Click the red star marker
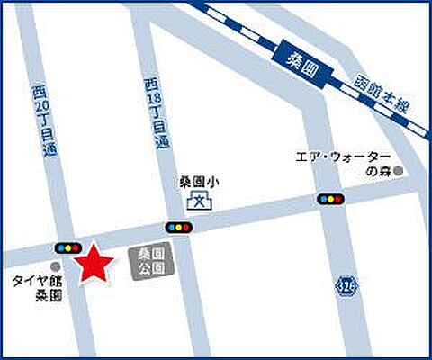(x=95, y=265)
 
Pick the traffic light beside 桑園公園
(x=177, y=228)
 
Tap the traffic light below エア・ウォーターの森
(x=328, y=199)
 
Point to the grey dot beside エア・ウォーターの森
(x=396, y=169)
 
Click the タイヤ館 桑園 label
(x=36, y=287)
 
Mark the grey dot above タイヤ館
(x=55, y=266)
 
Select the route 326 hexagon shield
(x=346, y=284)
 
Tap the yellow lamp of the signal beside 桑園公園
(x=177, y=228)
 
